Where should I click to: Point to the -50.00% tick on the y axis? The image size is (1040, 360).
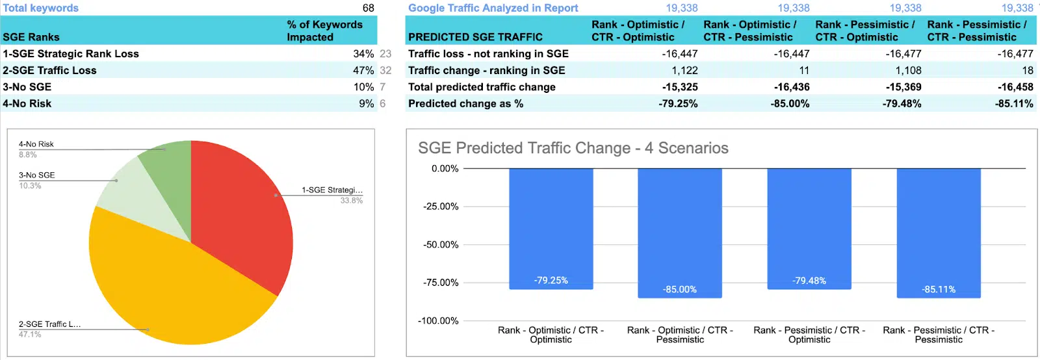pos(441,245)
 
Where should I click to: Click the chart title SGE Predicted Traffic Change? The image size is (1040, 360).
pos(573,148)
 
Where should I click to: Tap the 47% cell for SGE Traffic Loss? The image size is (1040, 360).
pos(363,70)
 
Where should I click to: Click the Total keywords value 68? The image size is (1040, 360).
pos(368,8)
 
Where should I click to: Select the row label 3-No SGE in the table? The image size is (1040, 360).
pos(27,87)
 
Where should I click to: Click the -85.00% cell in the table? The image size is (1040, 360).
pos(790,104)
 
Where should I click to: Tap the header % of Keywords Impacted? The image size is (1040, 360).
pos(324,31)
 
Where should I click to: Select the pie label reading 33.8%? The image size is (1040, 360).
pos(351,201)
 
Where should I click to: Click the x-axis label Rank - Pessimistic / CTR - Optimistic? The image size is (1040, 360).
pos(809,335)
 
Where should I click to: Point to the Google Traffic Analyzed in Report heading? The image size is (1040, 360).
pos(493,8)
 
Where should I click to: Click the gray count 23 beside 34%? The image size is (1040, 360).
pos(385,54)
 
